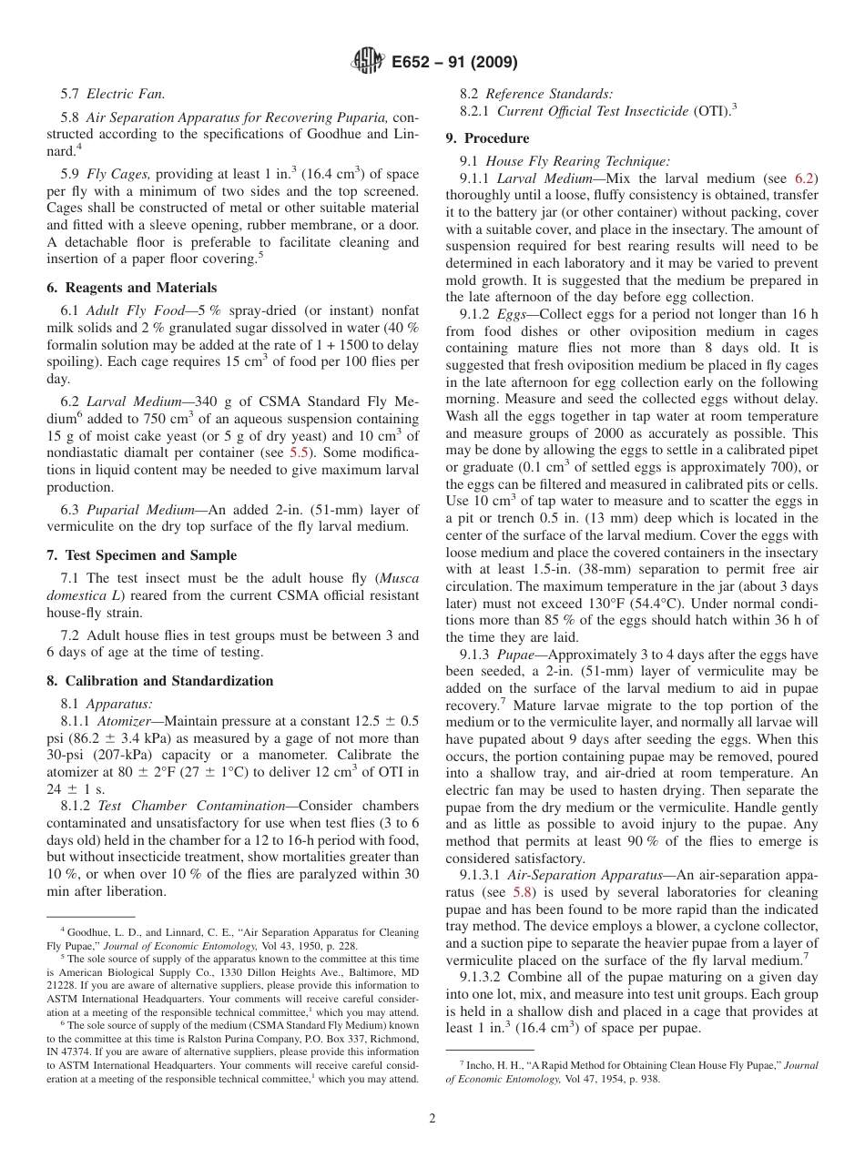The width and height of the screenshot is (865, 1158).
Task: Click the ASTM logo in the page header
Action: (x=368, y=62)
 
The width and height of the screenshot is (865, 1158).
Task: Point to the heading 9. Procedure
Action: (x=487, y=138)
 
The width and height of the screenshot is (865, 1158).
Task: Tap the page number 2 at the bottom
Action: (x=432, y=1119)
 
